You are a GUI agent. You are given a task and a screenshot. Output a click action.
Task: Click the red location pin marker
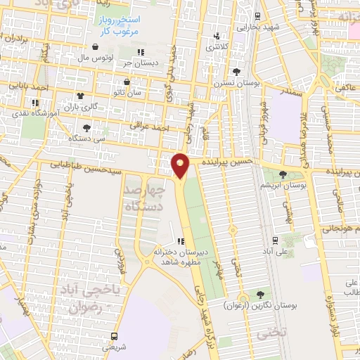point(180,165)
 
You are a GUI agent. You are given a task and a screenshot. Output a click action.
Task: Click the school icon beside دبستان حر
point(141,51)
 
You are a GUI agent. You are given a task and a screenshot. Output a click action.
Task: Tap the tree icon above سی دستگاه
point(86,127)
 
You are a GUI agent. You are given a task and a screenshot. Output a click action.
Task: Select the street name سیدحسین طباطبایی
point(98,167)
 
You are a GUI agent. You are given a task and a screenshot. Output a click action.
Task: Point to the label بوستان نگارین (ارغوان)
point(261,306)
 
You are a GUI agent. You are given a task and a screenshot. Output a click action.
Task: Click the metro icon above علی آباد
point(276,239)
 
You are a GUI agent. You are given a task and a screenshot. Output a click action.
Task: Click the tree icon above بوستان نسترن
point(236,72)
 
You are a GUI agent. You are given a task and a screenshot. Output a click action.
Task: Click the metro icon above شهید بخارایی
point(257,16)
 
